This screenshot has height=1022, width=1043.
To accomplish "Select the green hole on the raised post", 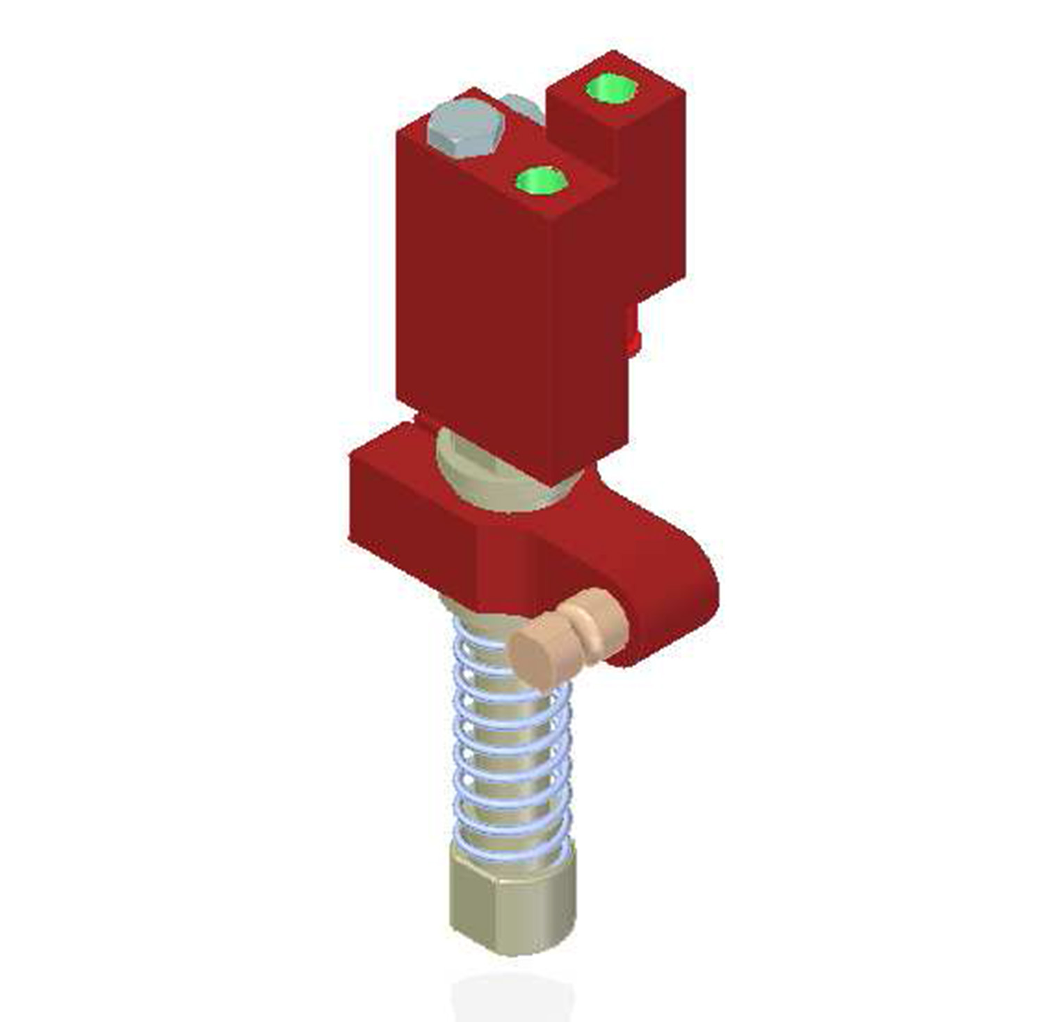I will tap(610, 88).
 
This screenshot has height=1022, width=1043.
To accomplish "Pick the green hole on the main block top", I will tap(541, 181).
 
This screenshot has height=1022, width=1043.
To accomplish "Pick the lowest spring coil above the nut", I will tap(511, 844).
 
